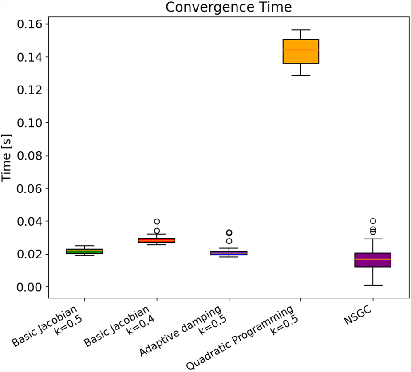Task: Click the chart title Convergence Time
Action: pyautogui.click(x=229, y=7)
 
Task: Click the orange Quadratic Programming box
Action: pyautogui.click(x=301, y=51)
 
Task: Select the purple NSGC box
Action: pyautogui.click(x=373, y=260)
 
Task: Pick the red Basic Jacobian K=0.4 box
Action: pyautogui.click(x=157, y=240)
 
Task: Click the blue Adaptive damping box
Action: pyautogui.click(x=229, y=253)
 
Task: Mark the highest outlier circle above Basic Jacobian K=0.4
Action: pyautogui.click(x=157, y=222)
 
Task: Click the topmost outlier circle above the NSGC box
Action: pyautogui.click(x=373, y=221)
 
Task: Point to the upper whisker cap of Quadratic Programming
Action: pyautogui.click(x=301, y=30)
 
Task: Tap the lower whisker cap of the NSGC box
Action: pyautogui.click(x=373, y=285)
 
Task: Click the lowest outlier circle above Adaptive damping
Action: pyautogui.click(x=229, y=241)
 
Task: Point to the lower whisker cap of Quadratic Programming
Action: pyautogui.click(x=301, y=76)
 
